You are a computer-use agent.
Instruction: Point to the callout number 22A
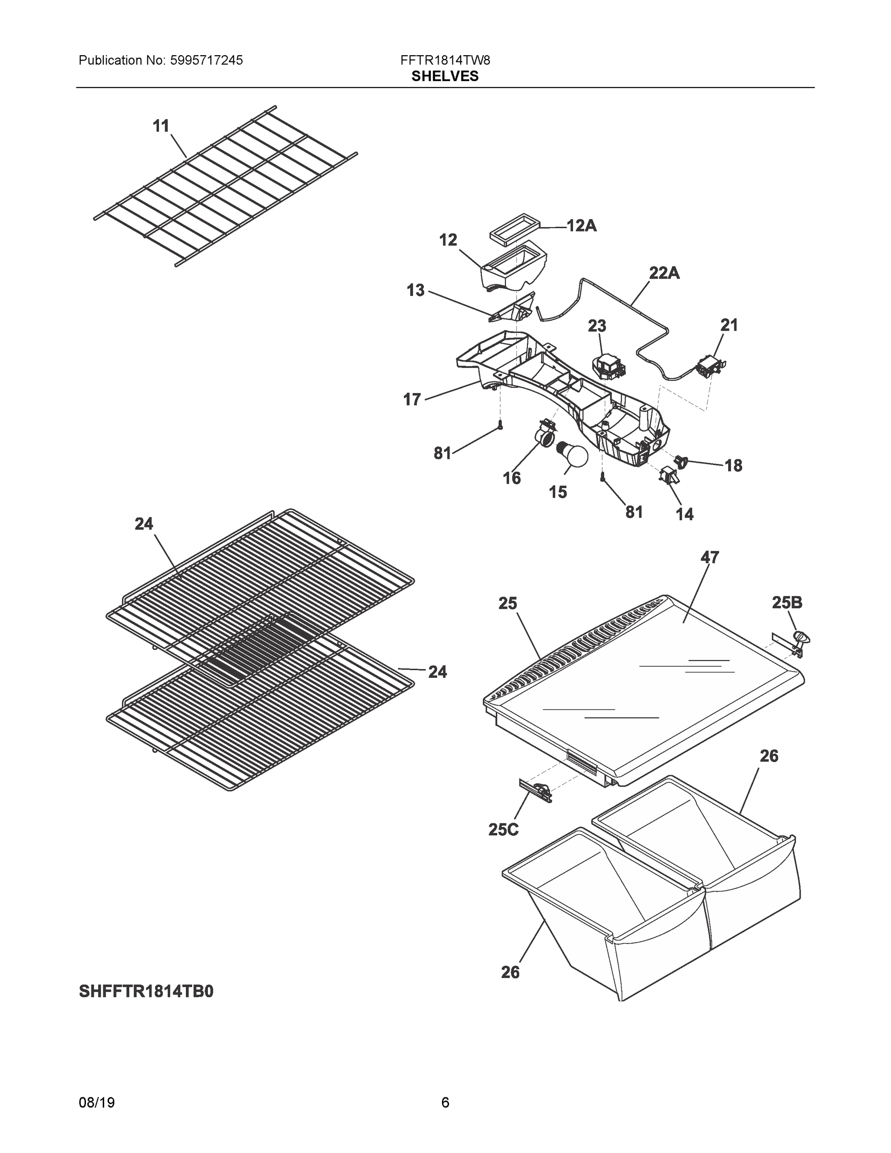663,273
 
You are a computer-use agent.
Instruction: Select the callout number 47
709,557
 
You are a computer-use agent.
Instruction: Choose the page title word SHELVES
445,76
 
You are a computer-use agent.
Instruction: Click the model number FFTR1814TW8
445,60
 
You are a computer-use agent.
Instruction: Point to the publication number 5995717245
207,60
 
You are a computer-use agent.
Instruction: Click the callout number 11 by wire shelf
161,126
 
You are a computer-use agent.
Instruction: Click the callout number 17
412,400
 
